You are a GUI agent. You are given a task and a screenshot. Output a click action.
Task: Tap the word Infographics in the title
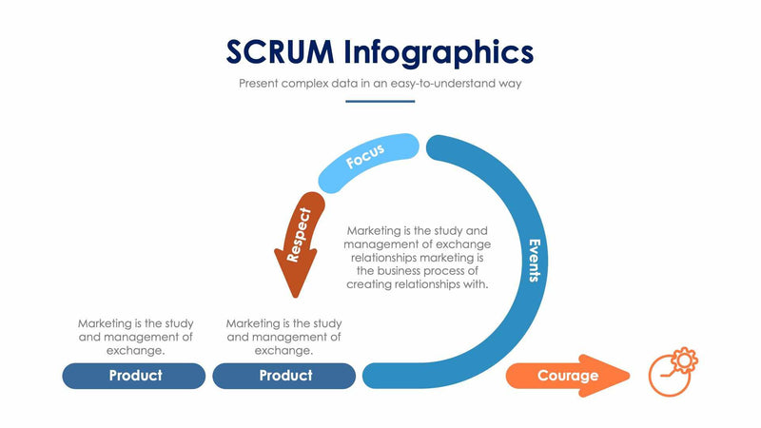(x=440, y=52)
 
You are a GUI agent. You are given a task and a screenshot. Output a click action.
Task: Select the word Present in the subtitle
(x=259, y=84)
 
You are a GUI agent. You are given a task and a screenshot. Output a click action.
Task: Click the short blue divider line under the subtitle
(x=380, y=100)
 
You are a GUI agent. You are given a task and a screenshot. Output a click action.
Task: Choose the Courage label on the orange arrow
(x=568, y=376)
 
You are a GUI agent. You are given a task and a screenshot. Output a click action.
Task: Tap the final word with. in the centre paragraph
(x=476, y=284)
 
